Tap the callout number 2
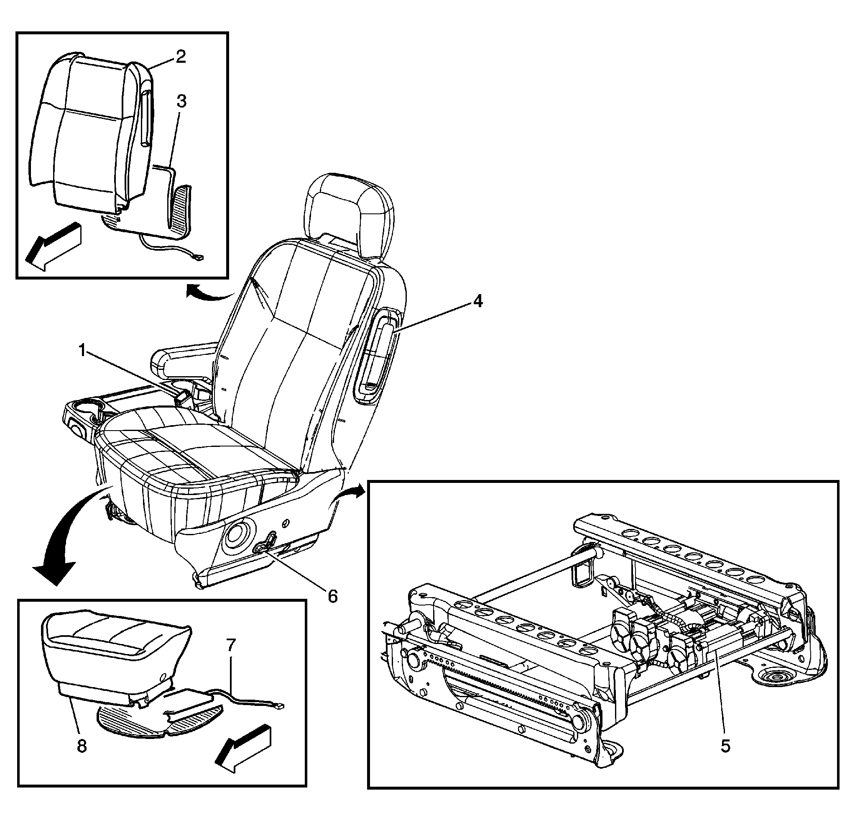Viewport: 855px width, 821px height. coord(181,57)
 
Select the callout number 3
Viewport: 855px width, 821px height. coord(181,101)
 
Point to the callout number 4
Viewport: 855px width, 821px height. coord(478,301)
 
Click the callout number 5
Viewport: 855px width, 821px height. coord(725,746)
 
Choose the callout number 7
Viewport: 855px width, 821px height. coord(231,644)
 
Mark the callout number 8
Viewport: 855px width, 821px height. coord(82,746)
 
